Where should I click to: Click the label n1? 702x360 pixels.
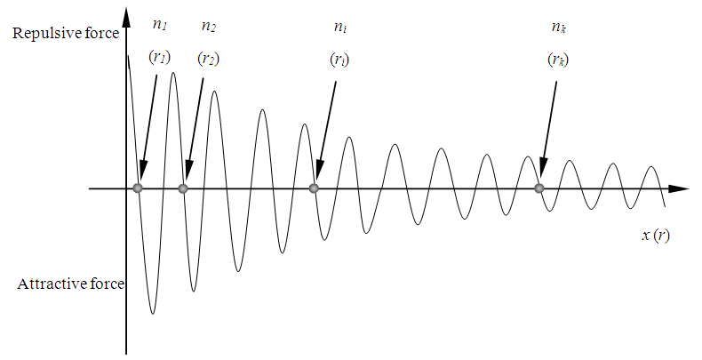(159, 25)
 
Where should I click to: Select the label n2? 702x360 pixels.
(209, 26)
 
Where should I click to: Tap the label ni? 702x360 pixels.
(339, 27)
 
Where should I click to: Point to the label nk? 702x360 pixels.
(558, 27)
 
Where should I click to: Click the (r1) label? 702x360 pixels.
(159, 56)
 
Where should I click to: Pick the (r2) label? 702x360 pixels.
(209, 58)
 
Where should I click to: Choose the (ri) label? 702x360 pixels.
(339, 59)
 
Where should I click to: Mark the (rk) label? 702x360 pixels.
(558, 59)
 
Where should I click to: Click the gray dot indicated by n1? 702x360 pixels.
(138, 188)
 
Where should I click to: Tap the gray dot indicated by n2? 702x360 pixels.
(183, 188)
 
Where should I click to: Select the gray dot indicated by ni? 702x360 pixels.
(314, 188)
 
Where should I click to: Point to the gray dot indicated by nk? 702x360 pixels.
(539, 188)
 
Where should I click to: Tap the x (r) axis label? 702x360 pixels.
(656, 235)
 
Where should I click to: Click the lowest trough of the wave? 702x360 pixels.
(153, 314)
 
